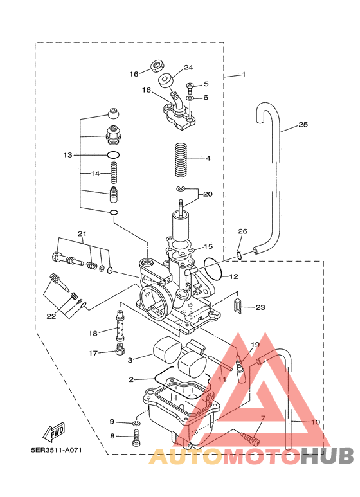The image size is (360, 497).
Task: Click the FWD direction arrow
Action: (54, 431)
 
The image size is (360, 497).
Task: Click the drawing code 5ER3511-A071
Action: (57, 450)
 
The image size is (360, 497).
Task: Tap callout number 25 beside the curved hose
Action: (303, 124)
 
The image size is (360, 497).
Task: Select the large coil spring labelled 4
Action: (182, 160)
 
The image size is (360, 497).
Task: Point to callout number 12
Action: (233, 276)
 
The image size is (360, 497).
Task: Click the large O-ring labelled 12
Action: (213, 269)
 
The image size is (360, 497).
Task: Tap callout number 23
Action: (260, 307)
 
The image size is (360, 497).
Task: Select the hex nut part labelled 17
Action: (120, 350)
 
